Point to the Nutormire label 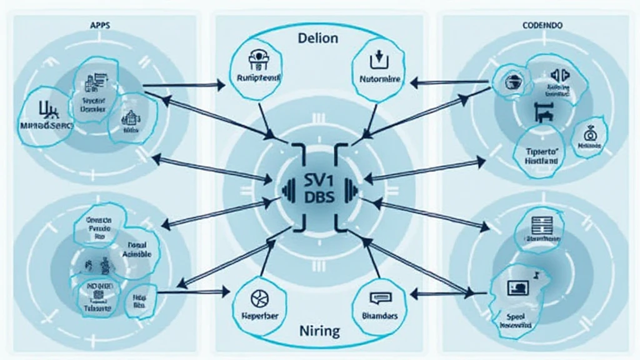(379, 80)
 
